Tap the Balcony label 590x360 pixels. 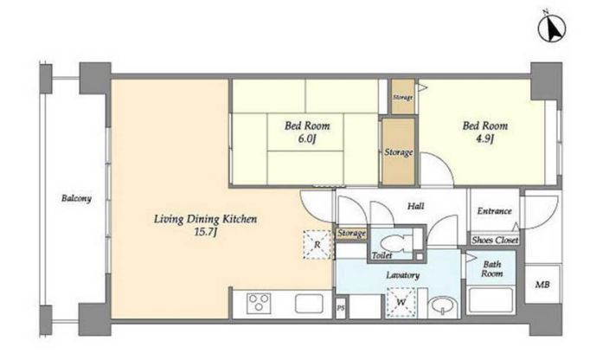coord(76,198)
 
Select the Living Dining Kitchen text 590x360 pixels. coord(205,219)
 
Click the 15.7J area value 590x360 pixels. coord(205,232)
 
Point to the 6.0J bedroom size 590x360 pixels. coord(307,139)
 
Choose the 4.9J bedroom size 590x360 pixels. coord(484,139)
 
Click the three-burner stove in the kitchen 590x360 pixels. coord(259,303)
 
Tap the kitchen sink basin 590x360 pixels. coord(310,304)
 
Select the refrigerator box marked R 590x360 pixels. coord(317,245)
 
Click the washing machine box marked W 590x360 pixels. coord(401,302)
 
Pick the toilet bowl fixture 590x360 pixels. coord(395,243)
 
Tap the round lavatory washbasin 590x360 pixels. coord(443,305)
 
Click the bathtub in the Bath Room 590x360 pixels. coord(491,300)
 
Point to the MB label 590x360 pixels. coord(542,285)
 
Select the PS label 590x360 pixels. coord(341,308)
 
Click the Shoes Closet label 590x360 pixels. coord(495,240)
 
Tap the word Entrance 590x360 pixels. coord(495,211)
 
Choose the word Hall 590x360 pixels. coord(415,206)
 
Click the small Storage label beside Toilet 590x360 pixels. coord(351,234)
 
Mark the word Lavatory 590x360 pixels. coord(402,275)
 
